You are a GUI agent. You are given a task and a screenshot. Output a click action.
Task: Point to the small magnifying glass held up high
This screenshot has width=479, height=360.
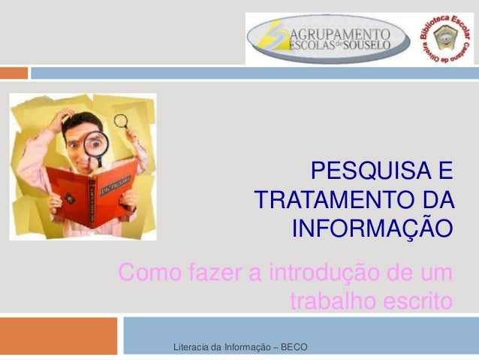[121, 120]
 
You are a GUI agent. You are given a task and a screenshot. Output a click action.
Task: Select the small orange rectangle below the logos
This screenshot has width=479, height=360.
[14, 73]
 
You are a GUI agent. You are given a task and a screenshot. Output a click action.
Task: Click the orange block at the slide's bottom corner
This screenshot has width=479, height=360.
[59, 336]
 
